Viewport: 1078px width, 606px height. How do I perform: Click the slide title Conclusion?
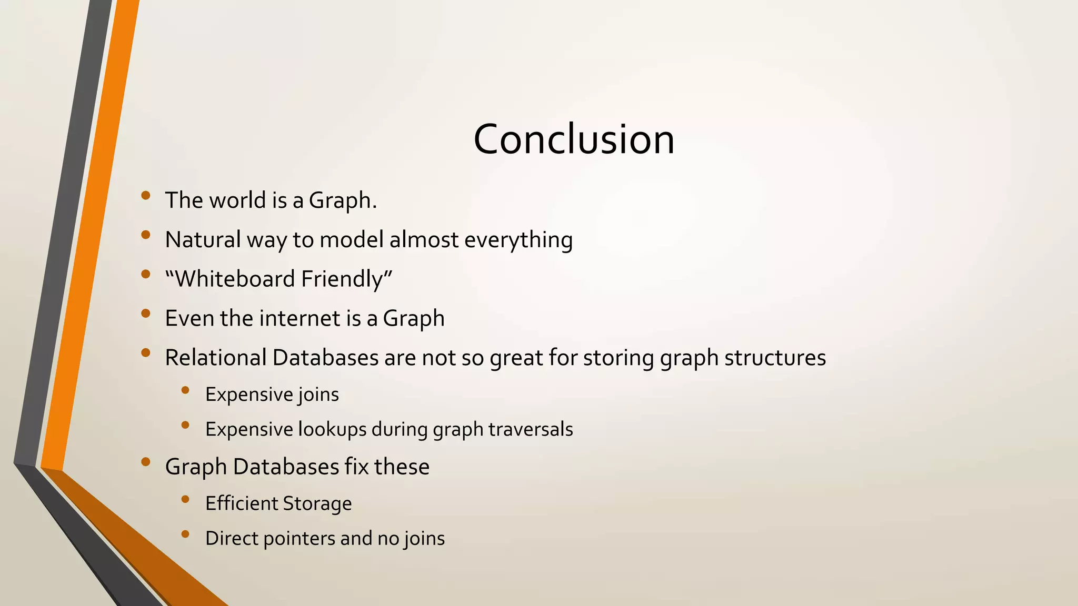pos(574,139)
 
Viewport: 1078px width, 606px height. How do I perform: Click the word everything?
pos(518,240)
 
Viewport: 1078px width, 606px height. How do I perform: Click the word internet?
pos(300,318)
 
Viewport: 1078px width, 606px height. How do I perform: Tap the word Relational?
pos(216,358)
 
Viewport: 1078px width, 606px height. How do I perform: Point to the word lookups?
pos(332,429)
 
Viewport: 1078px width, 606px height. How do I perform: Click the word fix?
pos(356,467)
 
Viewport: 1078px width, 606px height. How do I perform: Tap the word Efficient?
pos(240,503)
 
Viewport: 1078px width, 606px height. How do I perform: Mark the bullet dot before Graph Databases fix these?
pos(146,462)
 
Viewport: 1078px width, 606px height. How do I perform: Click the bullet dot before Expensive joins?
pos(185,390)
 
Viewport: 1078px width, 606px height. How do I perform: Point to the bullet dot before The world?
pos(146,196)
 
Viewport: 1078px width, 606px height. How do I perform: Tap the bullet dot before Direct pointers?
pos(185,534)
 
